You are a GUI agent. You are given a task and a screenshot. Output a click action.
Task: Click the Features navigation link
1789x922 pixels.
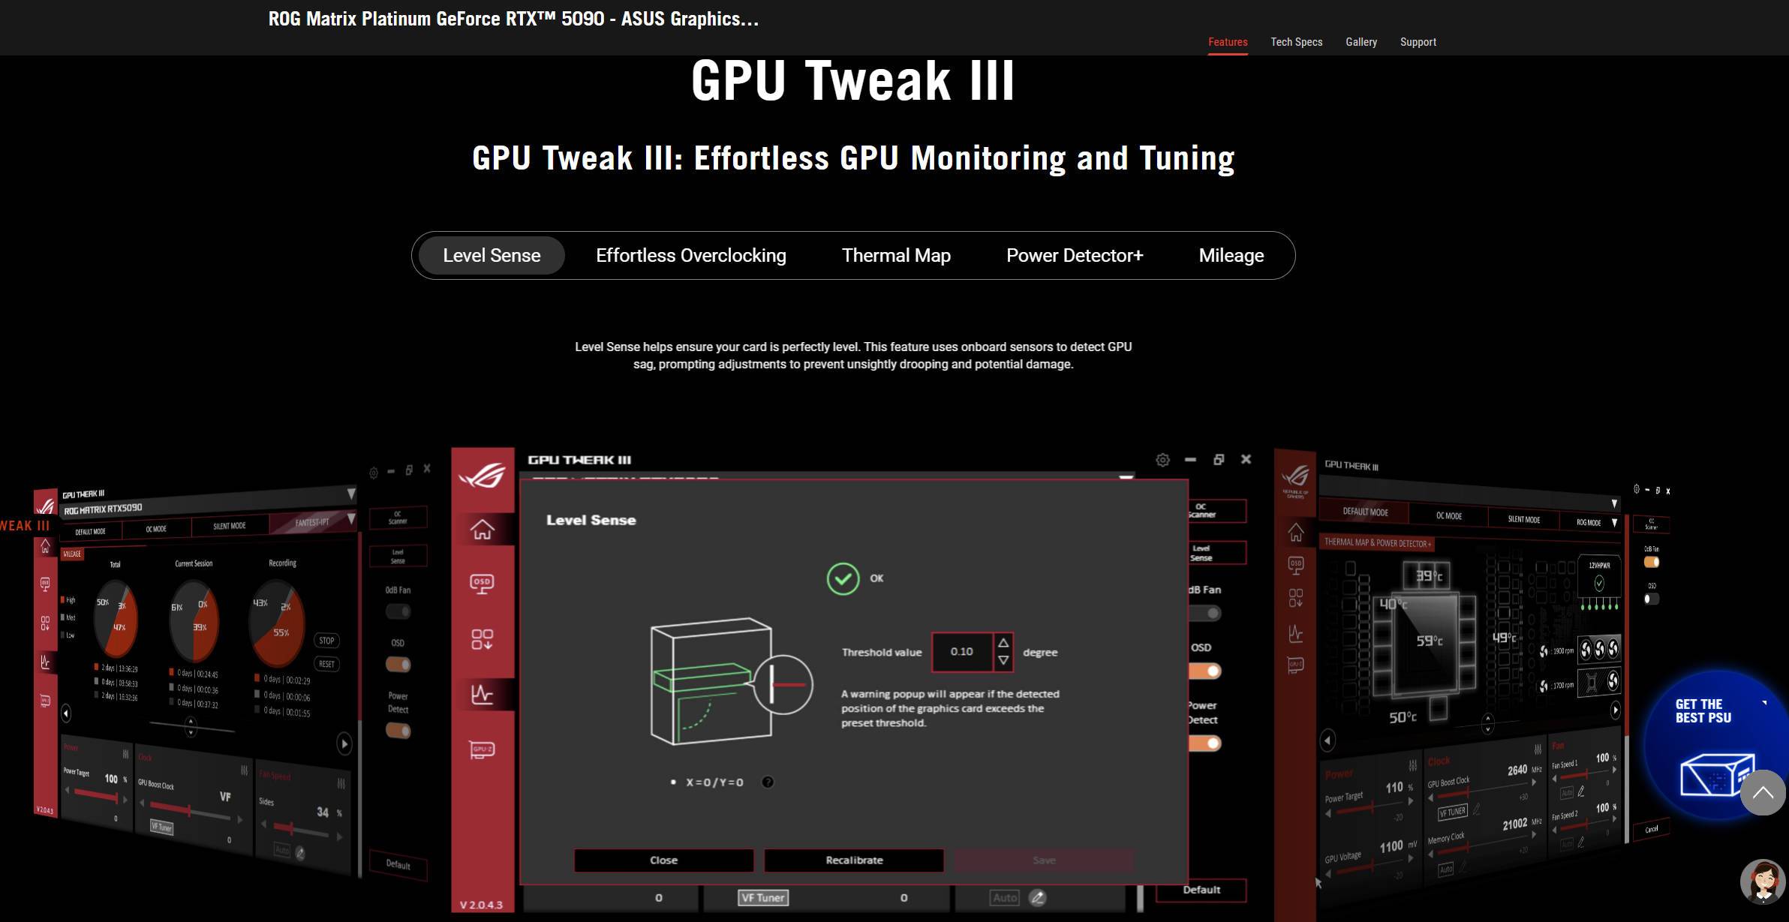(x=1228, y=42)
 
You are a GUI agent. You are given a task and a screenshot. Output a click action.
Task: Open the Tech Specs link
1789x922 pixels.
(x=1296, y=42)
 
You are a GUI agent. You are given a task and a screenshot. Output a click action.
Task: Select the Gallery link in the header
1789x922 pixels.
(x=1361, y=42)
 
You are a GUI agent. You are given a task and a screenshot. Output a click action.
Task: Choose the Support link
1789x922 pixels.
(x=1418, y=42)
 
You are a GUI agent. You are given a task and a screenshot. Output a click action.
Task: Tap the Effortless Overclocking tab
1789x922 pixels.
(x=690, y=256)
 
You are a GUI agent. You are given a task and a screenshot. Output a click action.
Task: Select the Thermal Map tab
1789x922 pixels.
(x=896, y=256)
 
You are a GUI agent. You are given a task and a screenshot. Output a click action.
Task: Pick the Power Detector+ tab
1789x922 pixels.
(x=1074, y=256)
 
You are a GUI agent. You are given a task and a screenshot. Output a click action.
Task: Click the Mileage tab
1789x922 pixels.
(x=1231, y=256)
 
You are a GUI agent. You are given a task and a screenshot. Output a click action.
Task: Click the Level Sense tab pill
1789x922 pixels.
(x=492, y=256)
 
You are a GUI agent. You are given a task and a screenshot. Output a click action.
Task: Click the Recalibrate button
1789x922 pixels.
(x=854, y=860)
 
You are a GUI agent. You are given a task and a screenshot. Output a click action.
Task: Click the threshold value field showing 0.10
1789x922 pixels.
(x=961, y=652)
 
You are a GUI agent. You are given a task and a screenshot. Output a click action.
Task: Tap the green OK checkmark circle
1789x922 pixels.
(x=843, y=579)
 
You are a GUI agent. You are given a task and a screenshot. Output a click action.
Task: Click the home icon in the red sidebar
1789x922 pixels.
(x=482, y=530)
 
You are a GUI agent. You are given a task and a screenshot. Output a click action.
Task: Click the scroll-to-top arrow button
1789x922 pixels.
(x=1762, y=792)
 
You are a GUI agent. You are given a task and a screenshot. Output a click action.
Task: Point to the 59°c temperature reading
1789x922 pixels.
(x=1429, y=641)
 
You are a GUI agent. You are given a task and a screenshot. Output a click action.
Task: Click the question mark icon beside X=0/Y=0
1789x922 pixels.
(x=768, y=782)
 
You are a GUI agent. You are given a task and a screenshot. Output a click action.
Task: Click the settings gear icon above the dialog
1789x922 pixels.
(x=1162, y=460)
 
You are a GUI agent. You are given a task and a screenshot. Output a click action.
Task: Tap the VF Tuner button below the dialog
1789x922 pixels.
(x=762, y=898)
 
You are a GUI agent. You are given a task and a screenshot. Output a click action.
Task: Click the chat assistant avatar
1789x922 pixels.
(x=1762, y=881)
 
